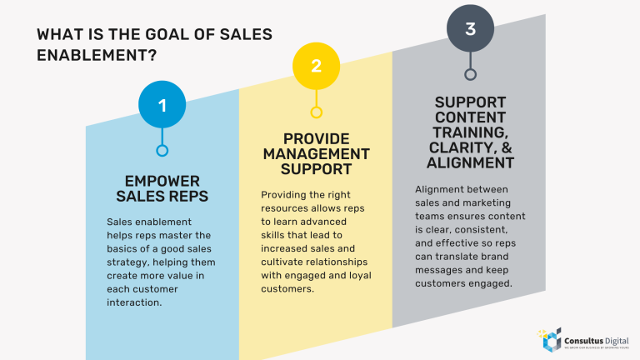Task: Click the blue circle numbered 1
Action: tap(162, 105)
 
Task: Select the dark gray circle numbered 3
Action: tap(470, 29)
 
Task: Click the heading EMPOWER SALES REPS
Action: tap(162, 188)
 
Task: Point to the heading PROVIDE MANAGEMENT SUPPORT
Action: tap(316, 154)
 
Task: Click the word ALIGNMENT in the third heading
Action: tap(471, 162)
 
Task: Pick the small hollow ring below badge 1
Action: tap(162, 151)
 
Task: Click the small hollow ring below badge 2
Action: tap(316, 112)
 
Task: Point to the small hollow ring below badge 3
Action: tap(470, 74)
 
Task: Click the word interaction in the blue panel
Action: tap(134, 302)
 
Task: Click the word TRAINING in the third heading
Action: tap(470, 132)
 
